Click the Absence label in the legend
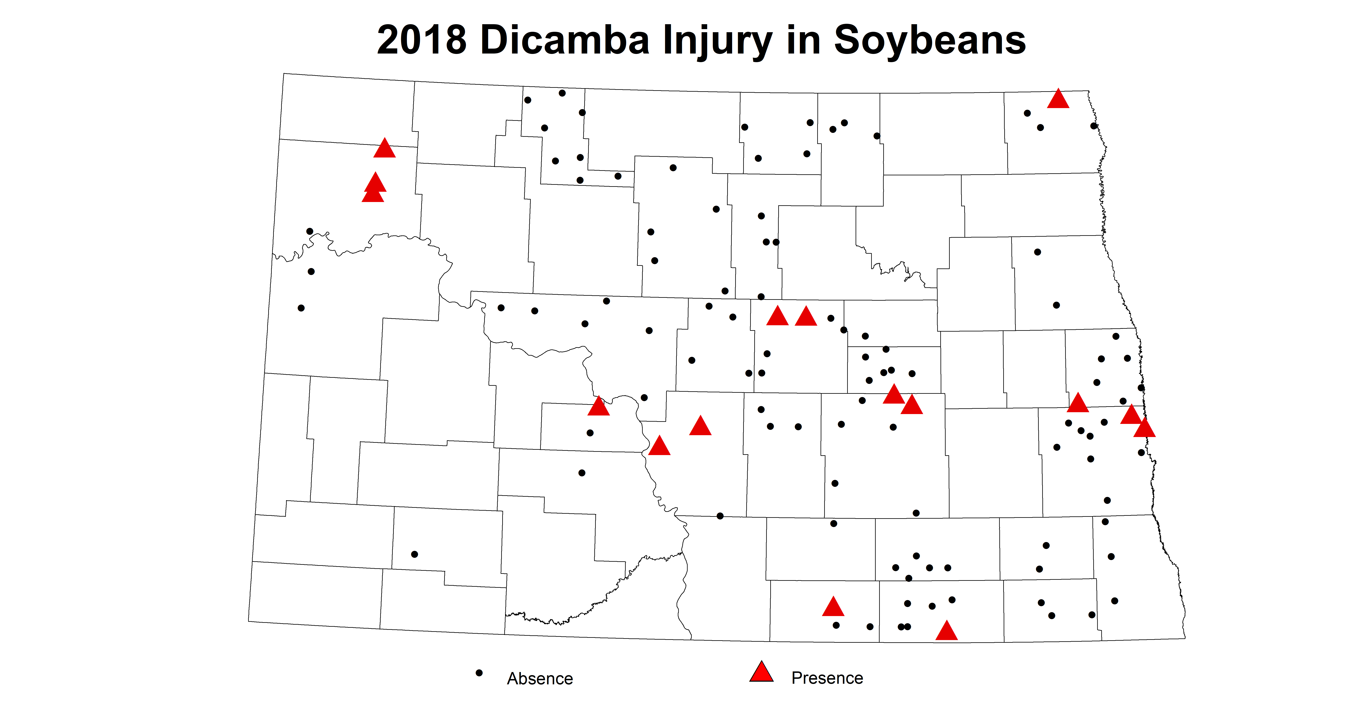539,679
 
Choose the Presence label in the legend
827,678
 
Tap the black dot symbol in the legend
479,673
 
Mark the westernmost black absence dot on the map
301,308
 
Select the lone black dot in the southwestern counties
414,554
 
